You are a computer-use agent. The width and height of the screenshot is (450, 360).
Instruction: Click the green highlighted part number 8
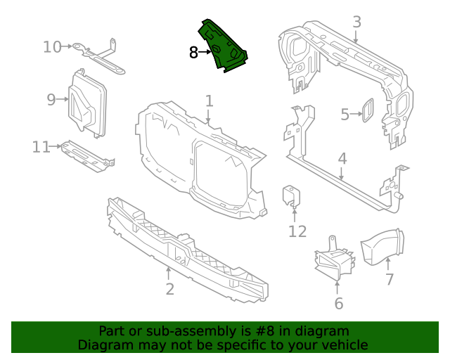pyautogui.click(x=224, y=48)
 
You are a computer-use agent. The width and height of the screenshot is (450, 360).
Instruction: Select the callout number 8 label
pyautogui.click(x=194, y=52)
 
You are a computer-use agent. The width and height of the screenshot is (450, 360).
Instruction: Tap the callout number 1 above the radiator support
pyautogui.click(x=209, y=101)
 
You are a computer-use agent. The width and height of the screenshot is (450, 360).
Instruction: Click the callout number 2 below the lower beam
pyautogui.click(x=169, y=289)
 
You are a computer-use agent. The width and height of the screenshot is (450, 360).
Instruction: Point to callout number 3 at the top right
pyautogui.click(x=356, y=22)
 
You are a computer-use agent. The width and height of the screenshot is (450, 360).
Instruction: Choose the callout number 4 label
pyautogui.click(x=342, y=159)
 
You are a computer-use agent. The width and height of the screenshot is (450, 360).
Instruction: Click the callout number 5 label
pyautogui.click(x=345, y=114)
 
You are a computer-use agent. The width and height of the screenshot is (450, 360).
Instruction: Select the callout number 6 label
pyautogui.click(x=338, y=304)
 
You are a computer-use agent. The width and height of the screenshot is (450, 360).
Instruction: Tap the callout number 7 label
pyautogui.click(x=389, y=280)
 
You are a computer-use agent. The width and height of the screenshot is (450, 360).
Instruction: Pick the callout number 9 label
pyautogui.click(x=51, y=100)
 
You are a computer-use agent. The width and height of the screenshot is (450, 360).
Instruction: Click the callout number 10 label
pyautogui.click(x=52, y=47)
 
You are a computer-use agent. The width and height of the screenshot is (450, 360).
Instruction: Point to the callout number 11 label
pyautogui.click(x=41, y=147)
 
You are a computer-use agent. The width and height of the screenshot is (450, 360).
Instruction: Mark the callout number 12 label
pyautogui.click(x=297, y=231)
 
